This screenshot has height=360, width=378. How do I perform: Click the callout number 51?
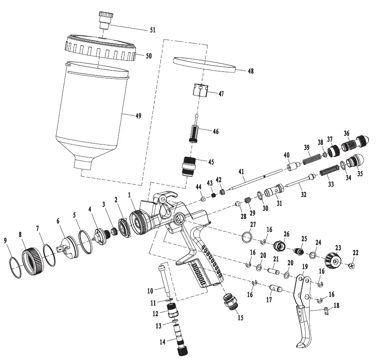pos(152,30)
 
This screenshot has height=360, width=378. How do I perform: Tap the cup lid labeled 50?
pos(100,50)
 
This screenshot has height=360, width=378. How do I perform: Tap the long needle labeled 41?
pos(254,178)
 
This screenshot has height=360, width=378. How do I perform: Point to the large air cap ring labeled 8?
pos(33,262)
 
